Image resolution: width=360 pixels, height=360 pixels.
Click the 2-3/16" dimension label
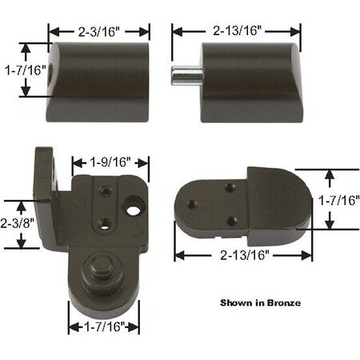pyautogui.click(x=99, y=33)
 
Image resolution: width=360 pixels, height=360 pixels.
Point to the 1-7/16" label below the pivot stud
pyautogui.click(x=103, y=326)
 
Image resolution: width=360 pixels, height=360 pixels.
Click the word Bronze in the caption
pyautogui.click(x=280, y=303)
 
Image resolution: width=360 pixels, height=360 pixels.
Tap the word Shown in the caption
pyautogui.click(x=236, y=303)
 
